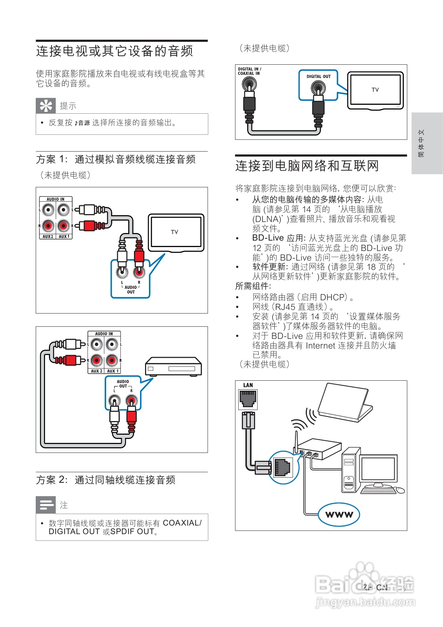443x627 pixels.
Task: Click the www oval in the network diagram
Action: pos(339,515)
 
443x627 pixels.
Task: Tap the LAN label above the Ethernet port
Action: pos(248,385)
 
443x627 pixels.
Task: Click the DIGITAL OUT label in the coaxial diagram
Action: pos(318,76)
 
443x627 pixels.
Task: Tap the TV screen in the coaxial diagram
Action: pos(375,90)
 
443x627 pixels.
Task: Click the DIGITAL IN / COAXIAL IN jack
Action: pos(249,85)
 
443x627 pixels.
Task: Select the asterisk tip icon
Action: pos(46,105)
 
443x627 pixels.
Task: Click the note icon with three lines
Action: pos(46,505)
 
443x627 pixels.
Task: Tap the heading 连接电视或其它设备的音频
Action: pos(114,51)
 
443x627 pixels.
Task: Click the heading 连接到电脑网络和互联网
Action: pos(307,166)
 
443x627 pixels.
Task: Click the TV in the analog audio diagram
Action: pos(176,232)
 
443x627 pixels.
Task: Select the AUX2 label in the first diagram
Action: pos(48,236)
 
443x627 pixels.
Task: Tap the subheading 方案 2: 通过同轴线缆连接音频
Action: pos(105,480)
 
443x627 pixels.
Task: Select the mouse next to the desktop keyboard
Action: pos(401,490)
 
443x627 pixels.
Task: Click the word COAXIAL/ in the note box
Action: pos(182,523)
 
